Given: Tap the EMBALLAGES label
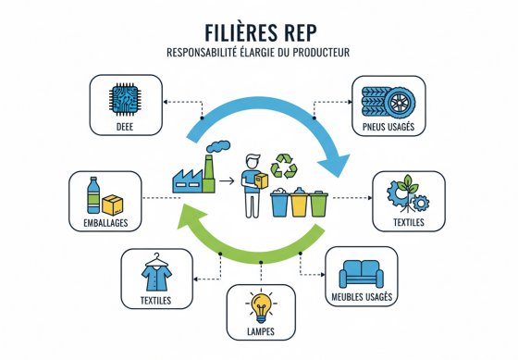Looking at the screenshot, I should pyautogui.click(x=101, y=221).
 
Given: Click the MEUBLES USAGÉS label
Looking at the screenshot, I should pyautogui.click(x=362, y=296).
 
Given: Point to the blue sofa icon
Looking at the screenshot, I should pyautogui.click(x=362, y=272).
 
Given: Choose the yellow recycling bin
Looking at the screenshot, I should pyautogui.click(x=298, y=203).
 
